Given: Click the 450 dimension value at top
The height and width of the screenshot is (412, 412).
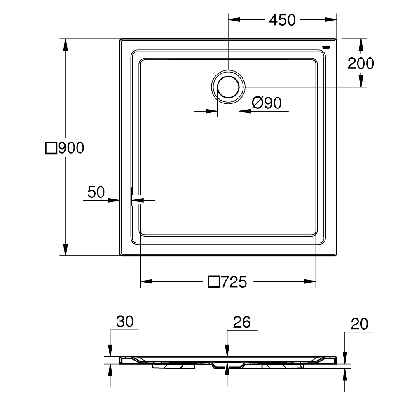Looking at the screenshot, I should (282, 20).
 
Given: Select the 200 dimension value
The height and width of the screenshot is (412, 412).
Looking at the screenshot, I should (361, 63).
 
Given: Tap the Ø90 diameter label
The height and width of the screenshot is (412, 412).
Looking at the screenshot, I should (266, 103).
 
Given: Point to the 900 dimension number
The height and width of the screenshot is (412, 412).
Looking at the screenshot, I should (70, 148).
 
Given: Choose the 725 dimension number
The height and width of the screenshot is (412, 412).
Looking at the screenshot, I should (234, 282).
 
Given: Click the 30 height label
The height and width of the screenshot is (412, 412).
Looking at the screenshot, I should (124, 322).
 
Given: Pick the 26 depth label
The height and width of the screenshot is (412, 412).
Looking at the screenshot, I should (242, 322).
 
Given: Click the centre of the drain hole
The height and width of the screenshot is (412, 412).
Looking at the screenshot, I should (228, 87).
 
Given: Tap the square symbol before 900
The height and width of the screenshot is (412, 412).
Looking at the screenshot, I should (50, 148).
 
